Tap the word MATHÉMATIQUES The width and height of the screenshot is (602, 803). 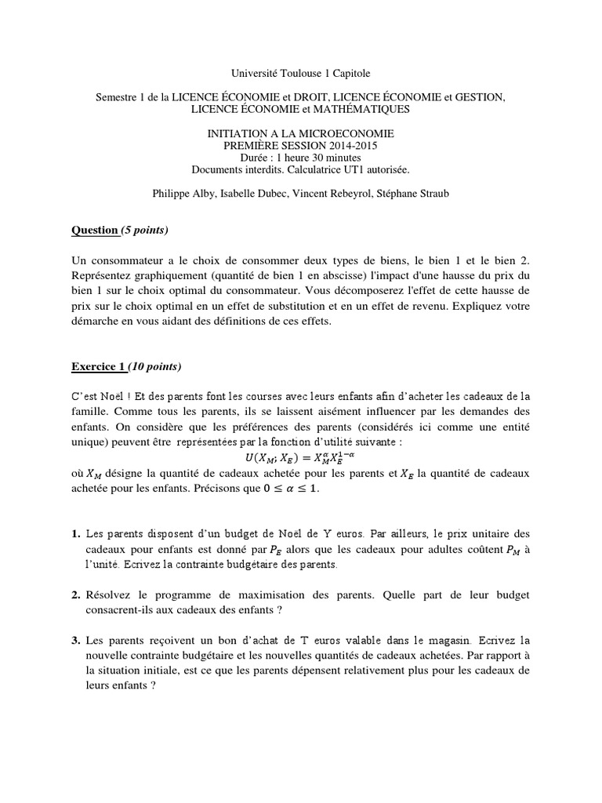click(x=361, y=108)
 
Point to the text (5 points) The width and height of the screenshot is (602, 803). click(x=144, y=230)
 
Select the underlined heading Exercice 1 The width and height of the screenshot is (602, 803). click(x=98, y=366)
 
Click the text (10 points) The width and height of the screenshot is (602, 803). click(x=154, y=366)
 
